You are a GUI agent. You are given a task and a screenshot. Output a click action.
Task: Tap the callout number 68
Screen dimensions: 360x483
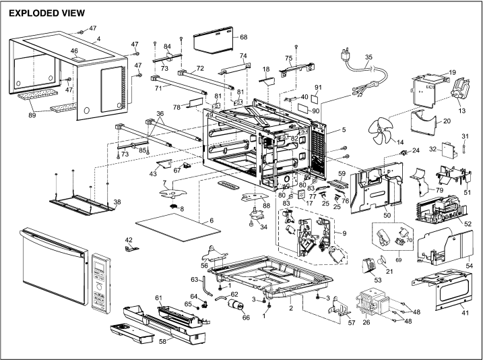(243, 36)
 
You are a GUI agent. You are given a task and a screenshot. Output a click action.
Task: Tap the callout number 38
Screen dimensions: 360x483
(117, 202)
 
